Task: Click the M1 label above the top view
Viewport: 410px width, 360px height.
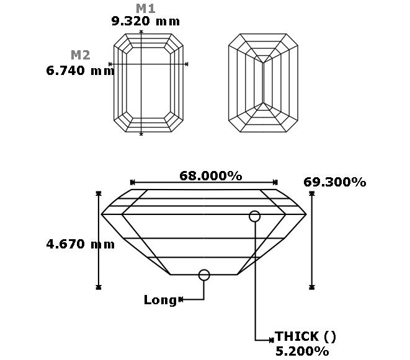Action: pyautogui.click(x=146, y=9)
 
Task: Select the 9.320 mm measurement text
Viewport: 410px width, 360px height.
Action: pyautogui.click(x=146, y=21)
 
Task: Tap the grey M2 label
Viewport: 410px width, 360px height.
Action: pyautogui.click(x=81, y=55)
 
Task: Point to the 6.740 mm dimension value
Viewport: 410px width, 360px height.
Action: pyautogui.click(x=80, y=71)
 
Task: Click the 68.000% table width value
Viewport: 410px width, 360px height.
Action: pyautogui.click(x=211, y=176)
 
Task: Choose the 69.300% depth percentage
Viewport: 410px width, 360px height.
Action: pyautogui.click(x=335, y=182)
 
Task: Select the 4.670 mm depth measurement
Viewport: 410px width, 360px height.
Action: pyautogui.click(x=80, y=244)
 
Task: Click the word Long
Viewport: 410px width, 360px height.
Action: pyautogui.click(x=161, y=300)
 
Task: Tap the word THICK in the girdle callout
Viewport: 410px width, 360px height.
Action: pyautogui.click(x=296, y=336)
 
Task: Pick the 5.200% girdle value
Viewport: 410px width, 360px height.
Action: pyautogui.click(x=302, y=351)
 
